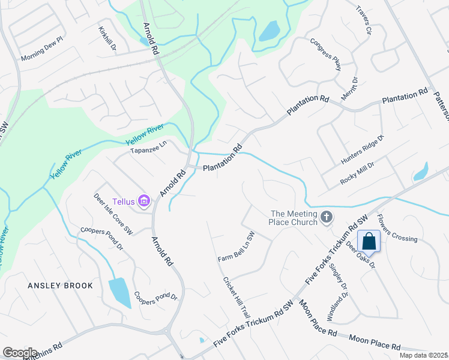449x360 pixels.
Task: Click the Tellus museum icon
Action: click(x=144, y=200)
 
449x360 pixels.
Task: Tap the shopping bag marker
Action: click(x=369, y=242)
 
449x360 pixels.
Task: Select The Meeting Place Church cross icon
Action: click(x=326, y=217)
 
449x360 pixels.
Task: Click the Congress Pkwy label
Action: click(x=325, y=55)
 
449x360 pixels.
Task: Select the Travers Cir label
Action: click(x=364, y=20)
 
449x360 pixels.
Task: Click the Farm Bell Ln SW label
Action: click(x=237, y=247)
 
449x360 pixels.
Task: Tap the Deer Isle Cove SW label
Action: click(x=113, y=213)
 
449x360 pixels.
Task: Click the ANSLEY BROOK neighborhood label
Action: click(x=60, y=286)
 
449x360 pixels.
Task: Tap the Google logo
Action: click(x=20, y=352)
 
